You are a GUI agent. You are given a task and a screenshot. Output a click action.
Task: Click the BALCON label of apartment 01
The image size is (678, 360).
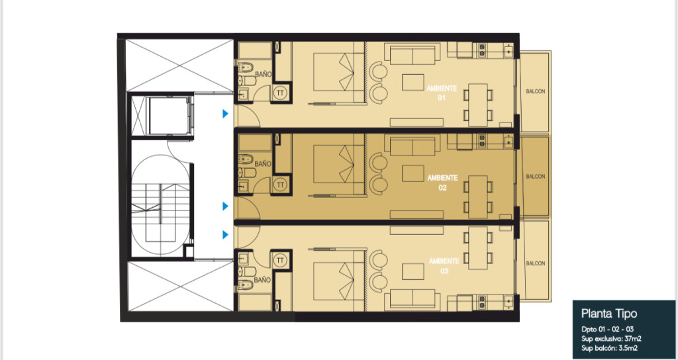535,91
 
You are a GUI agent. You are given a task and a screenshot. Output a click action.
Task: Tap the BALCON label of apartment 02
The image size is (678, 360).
535,177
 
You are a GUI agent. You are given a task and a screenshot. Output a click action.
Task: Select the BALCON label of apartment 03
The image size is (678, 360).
535,263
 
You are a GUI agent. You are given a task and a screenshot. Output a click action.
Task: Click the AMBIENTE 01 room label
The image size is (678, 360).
442,93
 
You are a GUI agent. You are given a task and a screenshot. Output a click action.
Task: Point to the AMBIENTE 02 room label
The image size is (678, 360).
442,183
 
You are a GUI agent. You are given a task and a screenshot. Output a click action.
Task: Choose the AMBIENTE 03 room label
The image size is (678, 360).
444,266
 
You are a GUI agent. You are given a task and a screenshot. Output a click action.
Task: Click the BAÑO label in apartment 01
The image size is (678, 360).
263,74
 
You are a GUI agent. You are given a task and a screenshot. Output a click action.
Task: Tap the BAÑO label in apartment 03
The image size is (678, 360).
263,280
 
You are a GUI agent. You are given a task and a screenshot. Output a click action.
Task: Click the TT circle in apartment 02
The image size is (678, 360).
281,185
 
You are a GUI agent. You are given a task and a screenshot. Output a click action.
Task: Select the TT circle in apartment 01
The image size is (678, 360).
279,93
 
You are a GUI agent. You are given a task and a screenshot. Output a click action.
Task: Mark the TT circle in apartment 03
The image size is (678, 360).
280,260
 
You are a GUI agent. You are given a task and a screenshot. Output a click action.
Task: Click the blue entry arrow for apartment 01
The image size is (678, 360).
225,114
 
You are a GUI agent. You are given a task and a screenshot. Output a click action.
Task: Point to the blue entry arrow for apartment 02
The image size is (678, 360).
225,206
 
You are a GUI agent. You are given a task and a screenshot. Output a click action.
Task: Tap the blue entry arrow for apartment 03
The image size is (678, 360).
225,235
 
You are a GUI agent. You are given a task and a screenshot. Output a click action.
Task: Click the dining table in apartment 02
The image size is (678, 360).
478,197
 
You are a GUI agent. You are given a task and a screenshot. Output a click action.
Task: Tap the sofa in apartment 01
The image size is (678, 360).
412,54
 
